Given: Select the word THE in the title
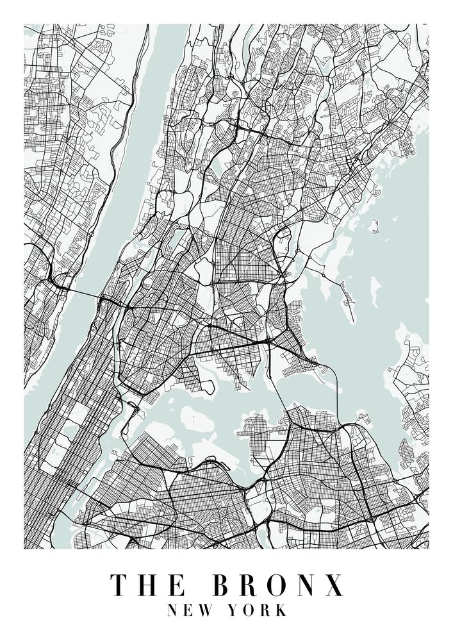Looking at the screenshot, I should point(148,585).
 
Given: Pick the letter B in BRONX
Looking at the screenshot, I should point(222,585).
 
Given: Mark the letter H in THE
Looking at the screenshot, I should point(148,585).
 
